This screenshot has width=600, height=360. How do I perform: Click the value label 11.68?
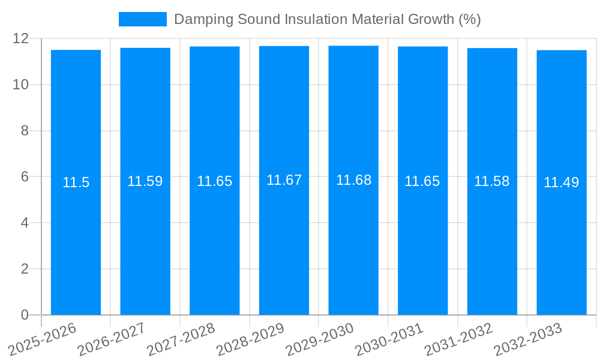pos(353,180)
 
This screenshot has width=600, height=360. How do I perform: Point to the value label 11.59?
pos(145,181)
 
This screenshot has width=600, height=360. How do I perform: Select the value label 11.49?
pos(561,182)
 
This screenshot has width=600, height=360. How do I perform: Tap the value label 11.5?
pos(76,182)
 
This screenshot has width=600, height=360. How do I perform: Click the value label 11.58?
pos(491,181)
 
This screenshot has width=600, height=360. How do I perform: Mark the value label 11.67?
pos(284,180)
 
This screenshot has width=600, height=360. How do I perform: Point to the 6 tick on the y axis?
pos(25,177)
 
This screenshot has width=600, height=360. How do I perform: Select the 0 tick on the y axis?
pos(25,315)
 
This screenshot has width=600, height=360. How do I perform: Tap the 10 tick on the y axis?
pos(21,85)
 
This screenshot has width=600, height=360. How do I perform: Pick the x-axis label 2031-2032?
pos(458,340)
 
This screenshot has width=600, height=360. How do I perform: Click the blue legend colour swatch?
pos(143,19)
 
